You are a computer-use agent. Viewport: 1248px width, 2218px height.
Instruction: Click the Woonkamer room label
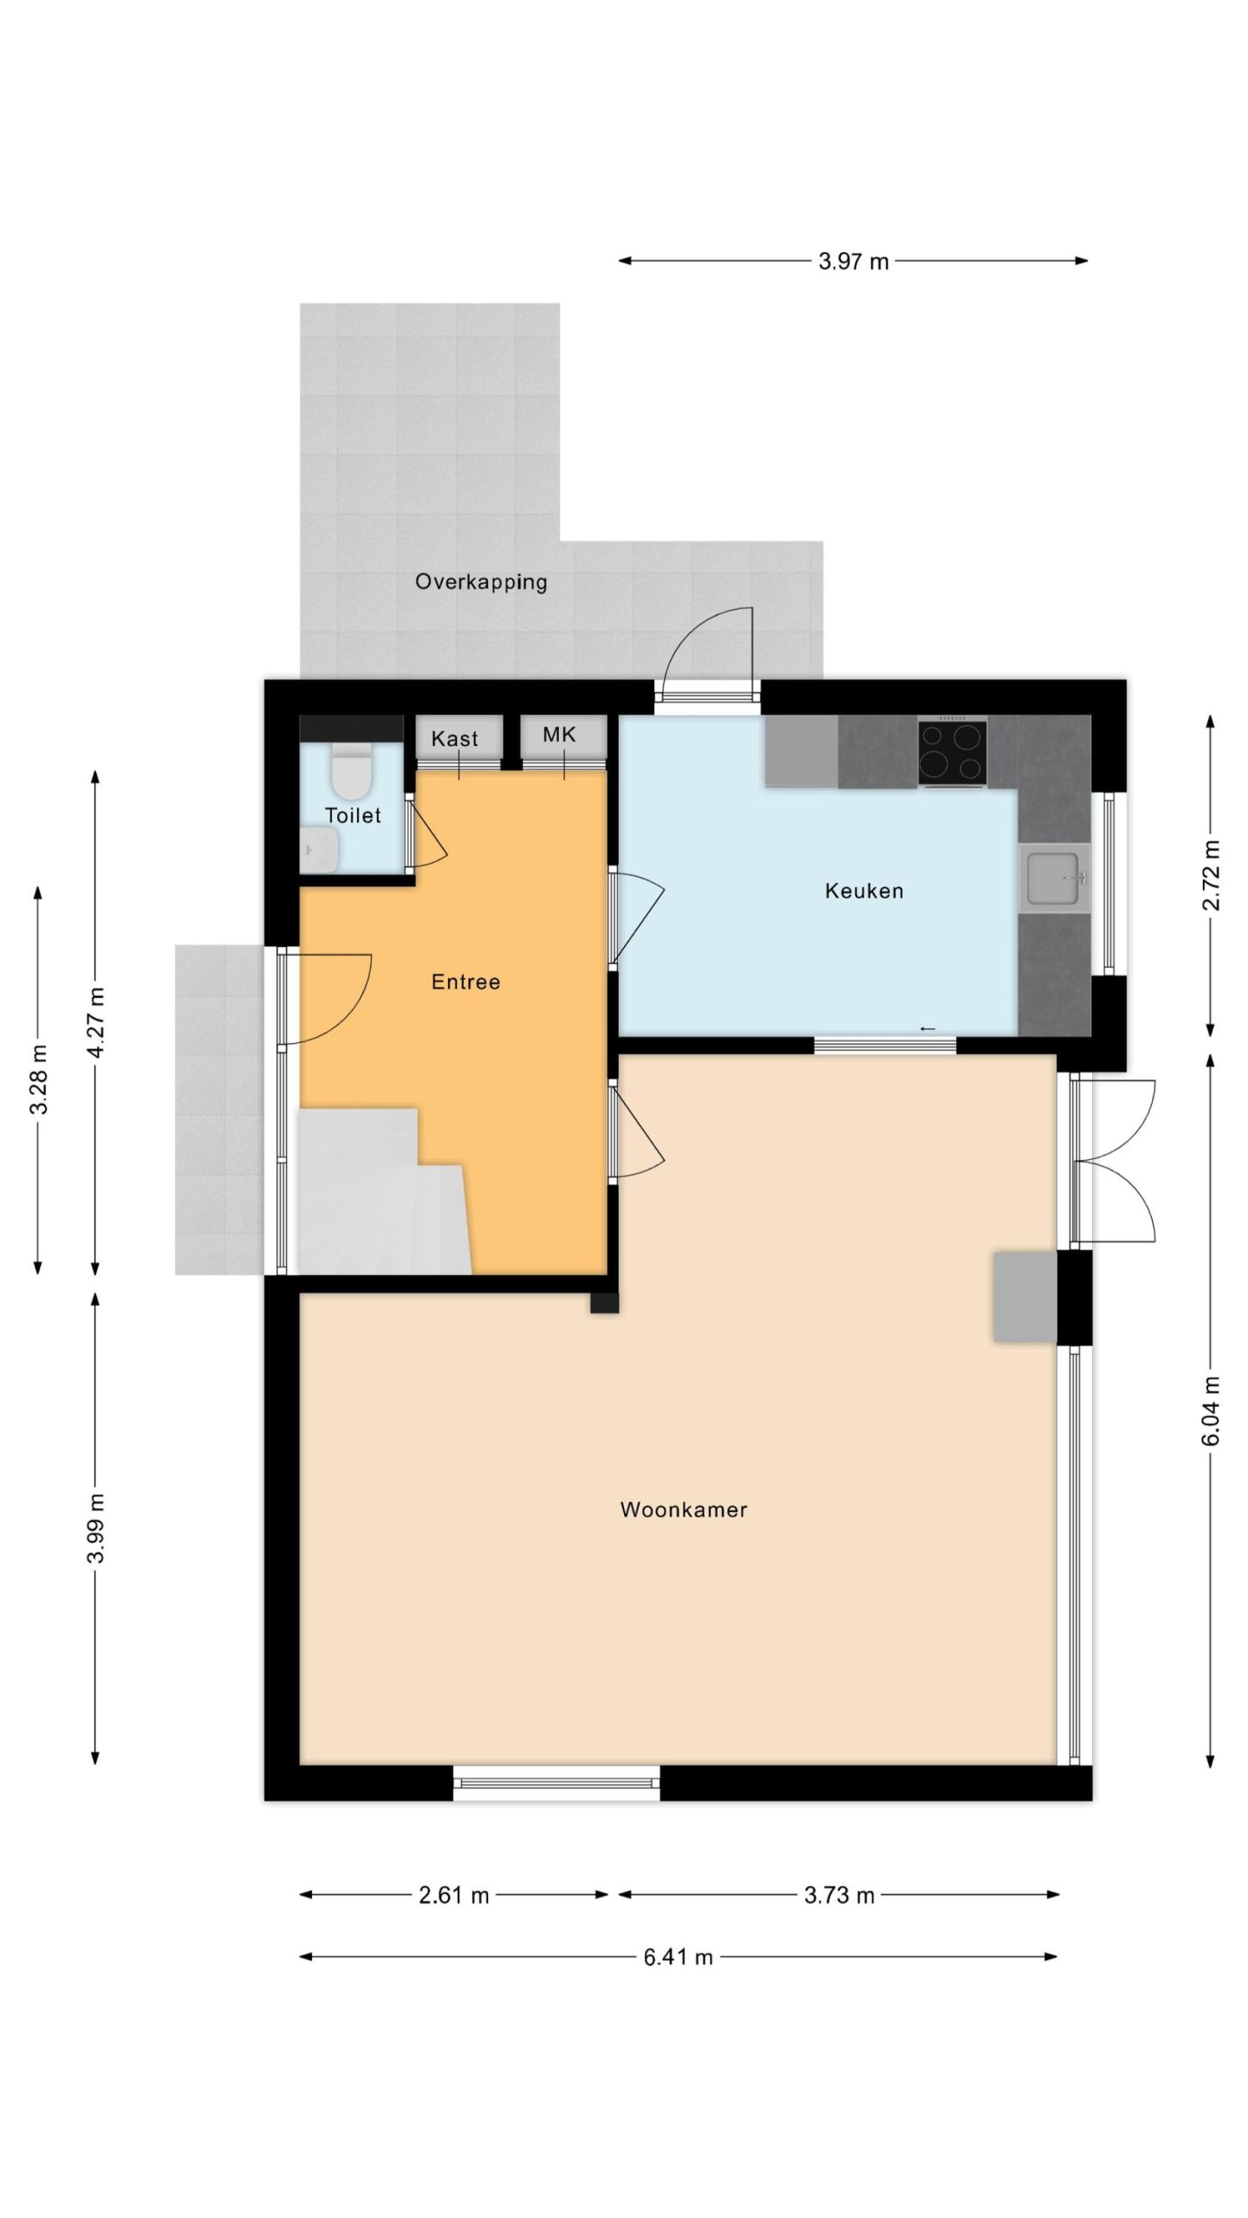pyautogui.click(x=683, y=1509)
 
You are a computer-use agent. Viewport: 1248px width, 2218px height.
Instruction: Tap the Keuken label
pyautogui.click(x=863, y=891)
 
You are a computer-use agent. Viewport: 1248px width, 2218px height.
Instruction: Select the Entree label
pyautogui.click(x=465, y=982)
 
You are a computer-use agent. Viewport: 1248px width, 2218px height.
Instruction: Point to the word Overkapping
pyautogui.click(x=481, y=582)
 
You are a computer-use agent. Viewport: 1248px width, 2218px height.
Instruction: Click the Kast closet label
pyautogui.click(x=454, y=738)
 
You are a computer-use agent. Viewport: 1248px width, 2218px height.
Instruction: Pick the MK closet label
pyautogui.click(x=559, y=735)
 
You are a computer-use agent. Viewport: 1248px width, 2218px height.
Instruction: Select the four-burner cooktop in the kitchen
pyautogui.click(x=952, y=752)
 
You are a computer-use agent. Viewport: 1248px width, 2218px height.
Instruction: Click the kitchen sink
pyautogui.click(x=1054, y=878)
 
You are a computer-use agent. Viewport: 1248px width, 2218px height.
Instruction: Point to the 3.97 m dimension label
pyautogui.click(x=854, y=261)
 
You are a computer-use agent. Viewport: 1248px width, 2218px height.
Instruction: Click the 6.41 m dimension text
pyautogui.click(x=678, y=1956)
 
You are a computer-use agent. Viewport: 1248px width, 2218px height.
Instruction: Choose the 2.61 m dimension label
pyautogui.click(x=454, y=1895)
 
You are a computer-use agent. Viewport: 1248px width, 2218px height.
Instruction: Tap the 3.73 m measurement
pyautogui.click(x=839, y=1895)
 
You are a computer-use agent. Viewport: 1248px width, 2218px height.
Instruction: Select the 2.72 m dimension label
pyautogui.click(x=1211, y=875)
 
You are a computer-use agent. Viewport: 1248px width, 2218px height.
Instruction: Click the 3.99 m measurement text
pyautogui.click(x=96, y=1528)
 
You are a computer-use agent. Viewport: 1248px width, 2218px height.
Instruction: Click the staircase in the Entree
pyautogui.click(x=381, y=1192)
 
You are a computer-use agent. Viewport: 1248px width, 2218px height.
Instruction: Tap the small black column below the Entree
pyautogui.click(x=605, y=1303)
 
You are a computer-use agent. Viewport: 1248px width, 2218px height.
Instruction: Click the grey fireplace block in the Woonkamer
pyautogui.click(x=1025, y=1297)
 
